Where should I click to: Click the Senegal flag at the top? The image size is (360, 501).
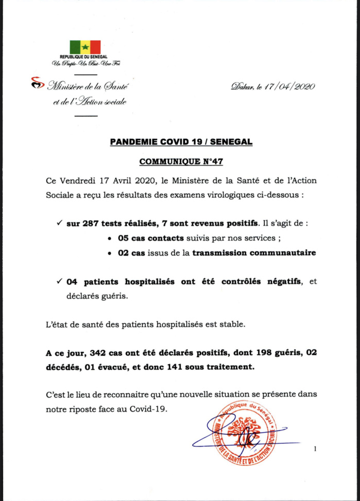click(85, 47)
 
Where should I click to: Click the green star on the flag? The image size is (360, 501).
click(85, 47)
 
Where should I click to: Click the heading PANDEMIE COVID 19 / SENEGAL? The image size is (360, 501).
click(181, 141)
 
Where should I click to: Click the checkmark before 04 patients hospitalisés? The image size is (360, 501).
click(60, 281)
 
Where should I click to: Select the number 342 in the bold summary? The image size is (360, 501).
click(98, 353)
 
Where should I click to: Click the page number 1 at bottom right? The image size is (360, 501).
click(315, 450)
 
